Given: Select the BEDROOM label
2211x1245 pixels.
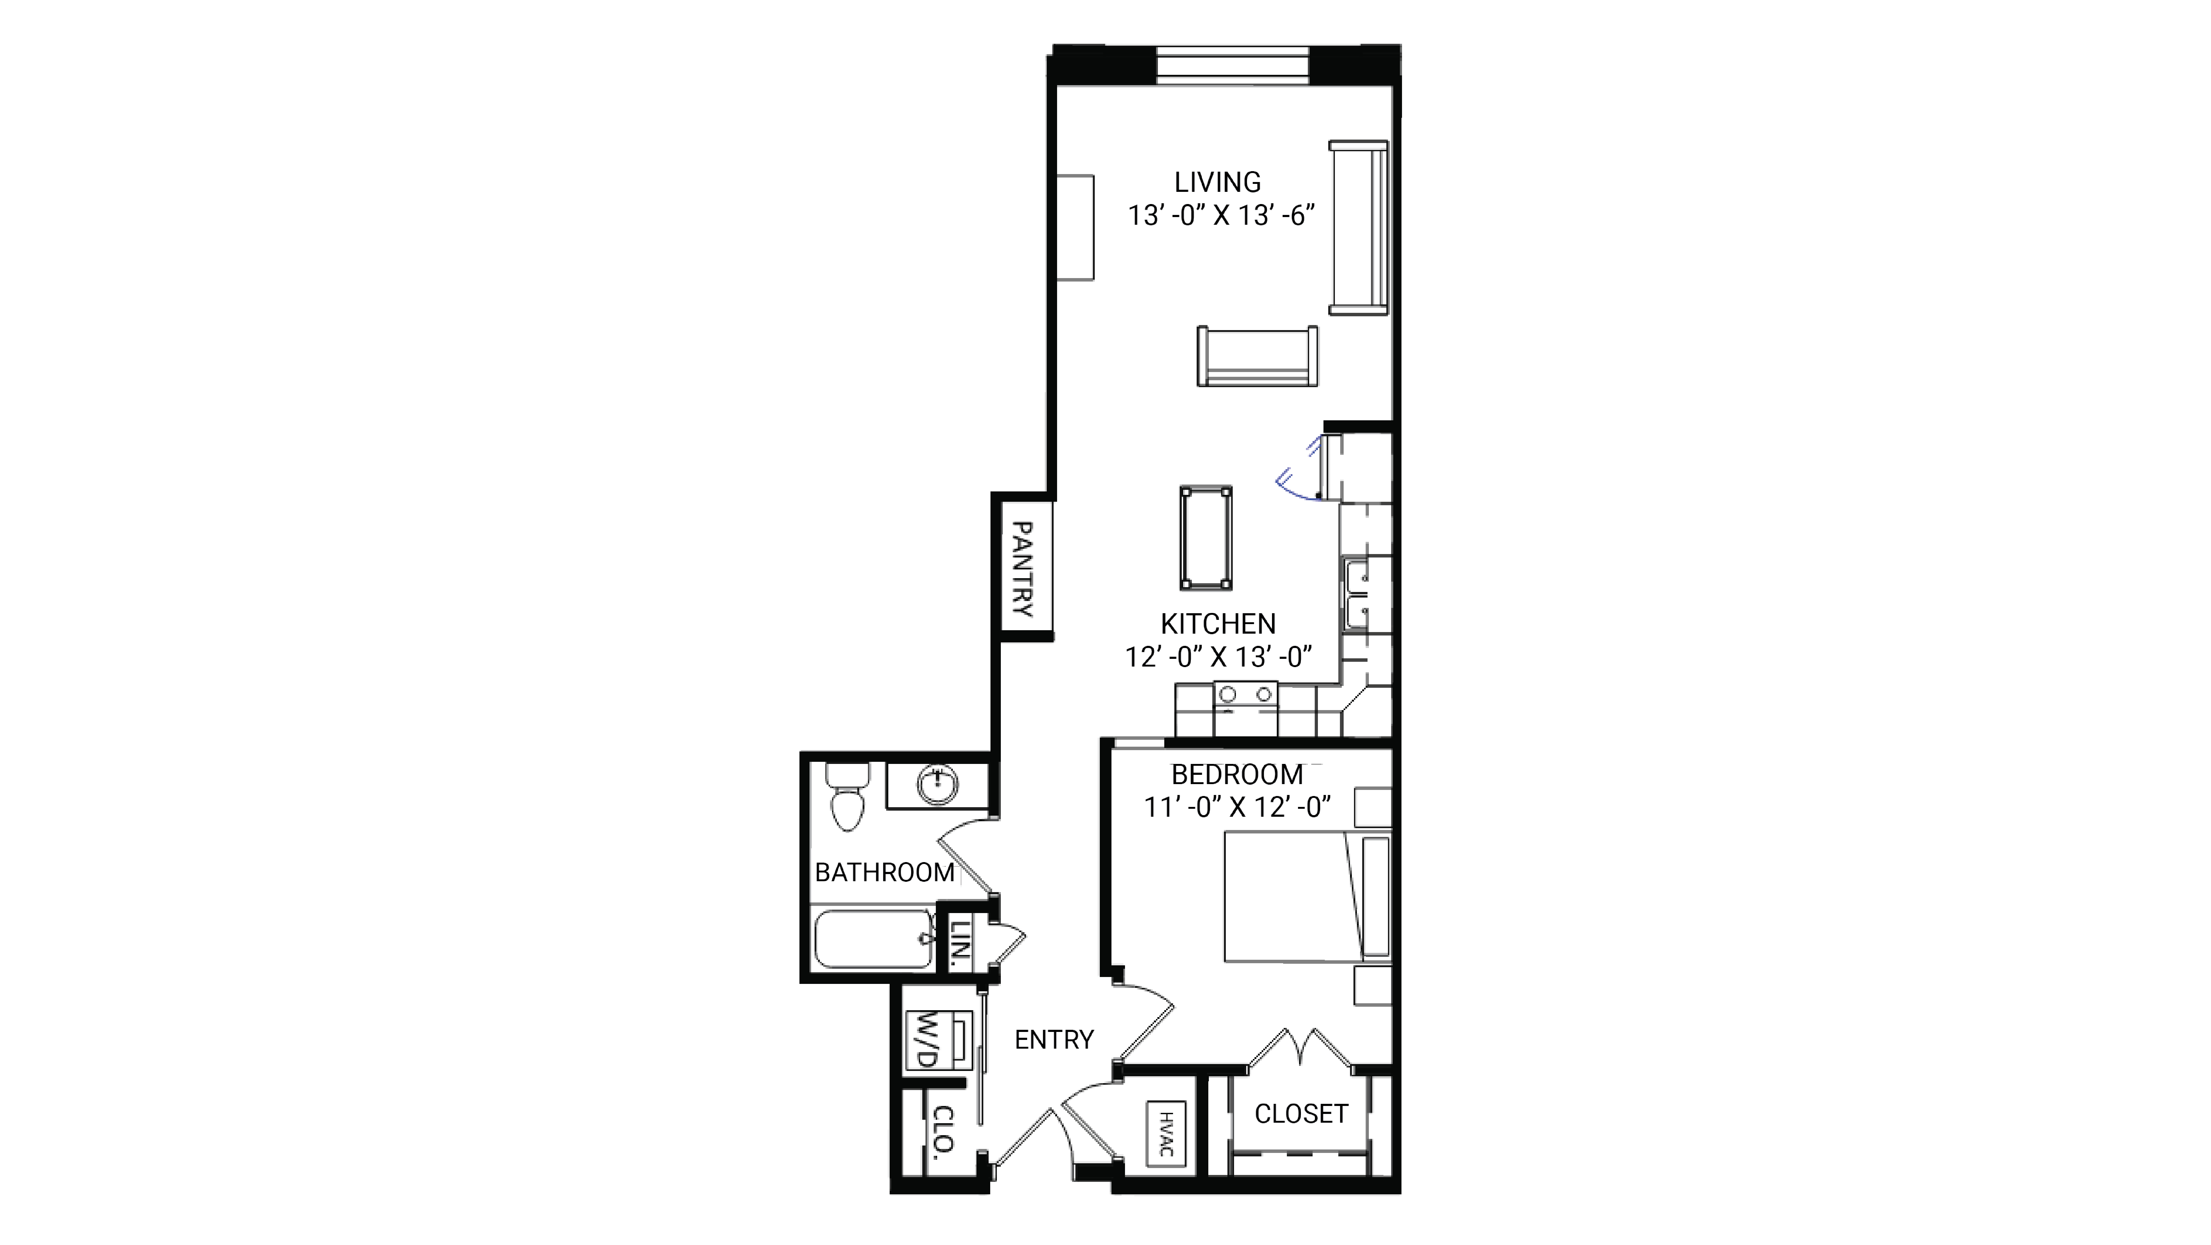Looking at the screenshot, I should [x=1237, y=775].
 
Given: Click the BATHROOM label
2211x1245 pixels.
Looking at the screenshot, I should [x=884, y=872].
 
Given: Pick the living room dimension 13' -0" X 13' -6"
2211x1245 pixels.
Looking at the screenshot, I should [x=1221, y=215].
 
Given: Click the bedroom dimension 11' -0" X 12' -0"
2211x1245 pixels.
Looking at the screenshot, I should [x=1237, y=807].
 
